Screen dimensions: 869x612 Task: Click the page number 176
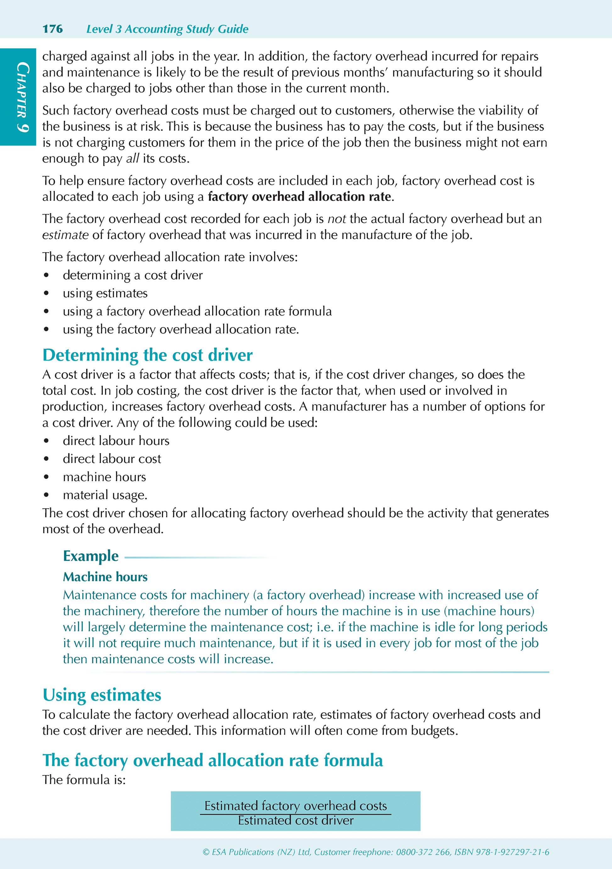[x=53, y=29]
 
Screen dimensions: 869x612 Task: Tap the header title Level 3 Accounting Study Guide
[x=167, y=29]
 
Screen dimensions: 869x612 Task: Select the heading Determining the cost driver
[x=147, y=355]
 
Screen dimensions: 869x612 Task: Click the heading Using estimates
[x=102, y=695]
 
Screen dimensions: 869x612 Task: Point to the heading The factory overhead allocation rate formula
[x=212, y=760]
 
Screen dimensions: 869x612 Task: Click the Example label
[x=91, y=556]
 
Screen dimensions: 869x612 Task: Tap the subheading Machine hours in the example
[x=105, y=577]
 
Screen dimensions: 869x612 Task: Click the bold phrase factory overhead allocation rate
[x=299, y=197]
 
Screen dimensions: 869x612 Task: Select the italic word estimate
[x=65, y=235]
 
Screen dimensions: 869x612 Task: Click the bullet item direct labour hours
[x=116, y=441]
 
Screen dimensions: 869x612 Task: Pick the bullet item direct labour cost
[x=112, y=459]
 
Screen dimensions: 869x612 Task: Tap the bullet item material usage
[x=105, y=495]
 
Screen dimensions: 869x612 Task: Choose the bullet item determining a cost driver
[x=132, y=275]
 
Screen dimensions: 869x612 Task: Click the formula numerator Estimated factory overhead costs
[x=296, y=805]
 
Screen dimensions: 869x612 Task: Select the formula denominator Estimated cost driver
[x=296, y=820]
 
